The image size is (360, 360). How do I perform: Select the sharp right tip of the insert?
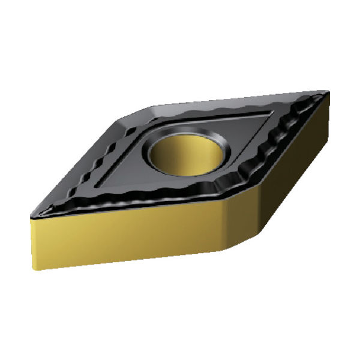click(x=328, y=92)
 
